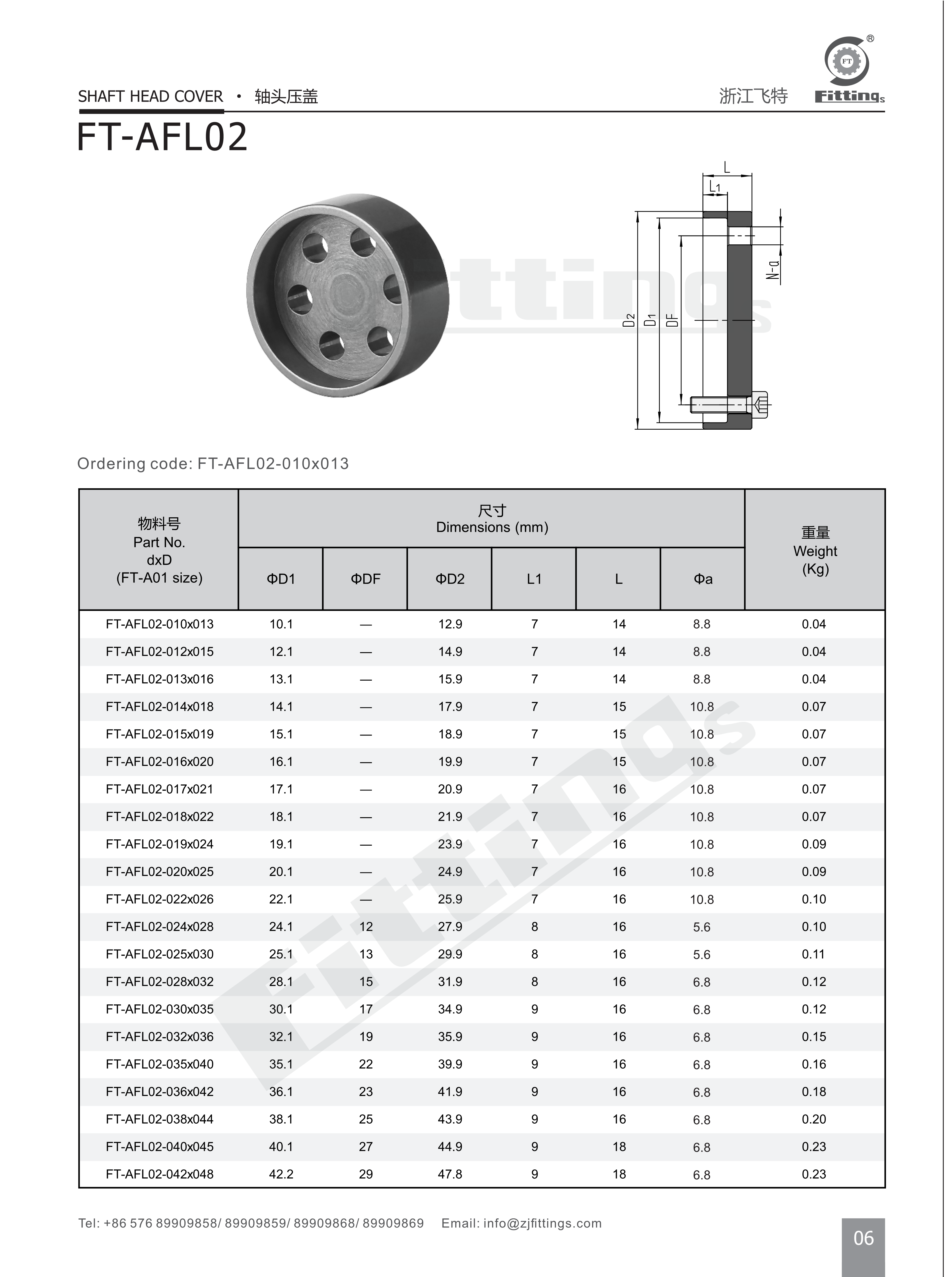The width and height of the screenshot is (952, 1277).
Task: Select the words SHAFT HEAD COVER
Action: [x=151, y=96]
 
